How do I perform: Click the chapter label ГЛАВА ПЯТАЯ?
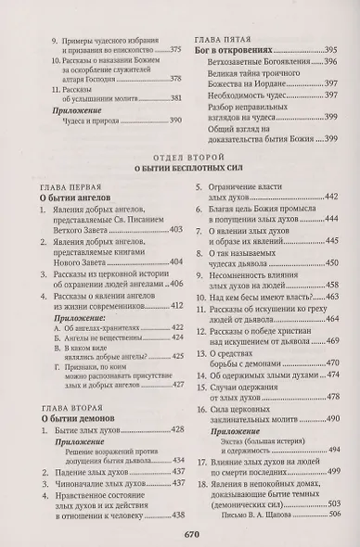pos(224,40)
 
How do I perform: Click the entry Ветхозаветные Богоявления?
pos(257,67)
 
